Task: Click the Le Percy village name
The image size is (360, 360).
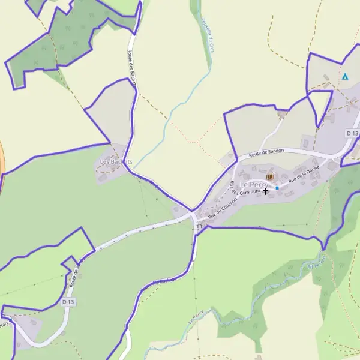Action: point(254,184)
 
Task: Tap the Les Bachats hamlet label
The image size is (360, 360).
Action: point(113,162)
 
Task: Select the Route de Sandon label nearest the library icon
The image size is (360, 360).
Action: point(266,153)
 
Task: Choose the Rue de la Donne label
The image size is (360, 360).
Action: point(304,175)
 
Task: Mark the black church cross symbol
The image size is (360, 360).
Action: point(265,191)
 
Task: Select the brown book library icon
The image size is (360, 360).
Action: point(269,176)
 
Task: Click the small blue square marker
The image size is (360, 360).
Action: point(277,188)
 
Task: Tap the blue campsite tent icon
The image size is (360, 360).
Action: point(345,77)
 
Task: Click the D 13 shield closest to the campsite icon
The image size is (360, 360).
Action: point(352,133)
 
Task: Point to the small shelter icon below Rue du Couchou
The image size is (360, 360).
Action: point(199,227)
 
